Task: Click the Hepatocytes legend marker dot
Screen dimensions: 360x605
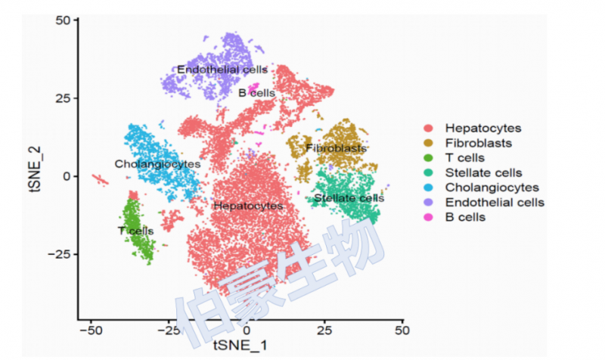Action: coord(430,129)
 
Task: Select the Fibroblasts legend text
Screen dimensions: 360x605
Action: coord(478,143)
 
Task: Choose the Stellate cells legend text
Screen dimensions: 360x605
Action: coord(483,172)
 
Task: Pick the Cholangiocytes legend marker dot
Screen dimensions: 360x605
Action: coord(430,188)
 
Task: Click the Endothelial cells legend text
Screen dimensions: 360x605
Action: coord(495,202)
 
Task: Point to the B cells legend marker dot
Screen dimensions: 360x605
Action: coord(430,217)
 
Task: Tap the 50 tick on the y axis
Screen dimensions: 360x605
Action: coord(63,20)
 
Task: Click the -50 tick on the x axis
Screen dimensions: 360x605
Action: coord(91,331)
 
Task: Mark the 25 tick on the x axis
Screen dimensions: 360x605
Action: coord(324,331)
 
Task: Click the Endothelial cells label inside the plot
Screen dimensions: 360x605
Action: coord(222,70)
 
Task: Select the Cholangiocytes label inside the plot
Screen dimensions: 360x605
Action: coord(157,164)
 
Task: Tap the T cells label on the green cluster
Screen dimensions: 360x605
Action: coord(136,231)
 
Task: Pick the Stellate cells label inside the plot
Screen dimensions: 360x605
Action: coord(349,198)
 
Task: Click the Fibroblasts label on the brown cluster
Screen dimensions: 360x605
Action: coord(336,148)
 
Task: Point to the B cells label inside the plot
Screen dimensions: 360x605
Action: coord(256,93)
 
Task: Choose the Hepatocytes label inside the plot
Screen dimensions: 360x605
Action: coord(248,206)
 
